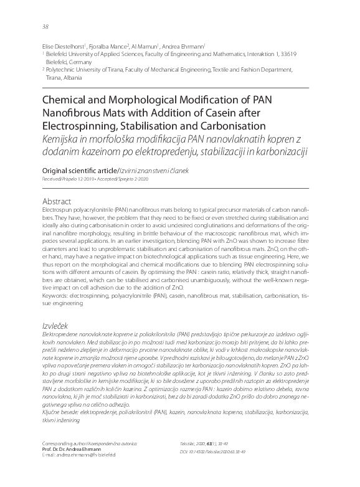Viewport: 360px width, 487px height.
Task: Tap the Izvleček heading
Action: (55, 325)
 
